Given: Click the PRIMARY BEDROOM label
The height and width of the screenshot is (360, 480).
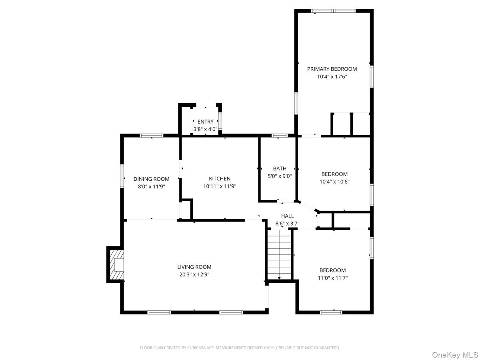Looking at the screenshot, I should (x=332, y=69).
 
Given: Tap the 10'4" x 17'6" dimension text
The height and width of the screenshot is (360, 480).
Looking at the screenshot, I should (x=332, y=76).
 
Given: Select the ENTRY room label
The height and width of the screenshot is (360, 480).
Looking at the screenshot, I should (x=205, y=122).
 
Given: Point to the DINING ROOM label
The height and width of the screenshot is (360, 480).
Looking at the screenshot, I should (x=151, y=179).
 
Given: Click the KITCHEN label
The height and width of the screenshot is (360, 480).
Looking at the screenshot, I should (x=220, y=178).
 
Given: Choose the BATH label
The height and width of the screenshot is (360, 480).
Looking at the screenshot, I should (x=280, y=168).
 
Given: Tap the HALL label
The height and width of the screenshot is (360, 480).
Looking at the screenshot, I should (x=287, y=216).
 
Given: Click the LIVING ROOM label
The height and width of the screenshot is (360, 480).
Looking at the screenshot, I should (x=194, y=267).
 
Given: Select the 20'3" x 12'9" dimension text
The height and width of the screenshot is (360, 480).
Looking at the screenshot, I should (x=194, y=274).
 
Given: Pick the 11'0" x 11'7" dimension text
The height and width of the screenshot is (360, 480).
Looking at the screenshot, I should (x=332, y=278).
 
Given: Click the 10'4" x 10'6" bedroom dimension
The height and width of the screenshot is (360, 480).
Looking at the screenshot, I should (x=334, y=182).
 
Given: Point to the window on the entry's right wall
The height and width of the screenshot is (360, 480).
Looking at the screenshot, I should (x=220, y=121).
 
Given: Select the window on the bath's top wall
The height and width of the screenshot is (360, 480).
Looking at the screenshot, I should (x=280, y=136).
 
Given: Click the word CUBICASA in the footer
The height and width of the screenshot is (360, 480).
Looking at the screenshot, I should (x=197, y=348).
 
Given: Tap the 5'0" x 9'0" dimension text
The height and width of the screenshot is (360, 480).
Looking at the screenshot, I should (x=280, y=176).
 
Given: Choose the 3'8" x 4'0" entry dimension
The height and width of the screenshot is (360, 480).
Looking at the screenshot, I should (x=205, y=129).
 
